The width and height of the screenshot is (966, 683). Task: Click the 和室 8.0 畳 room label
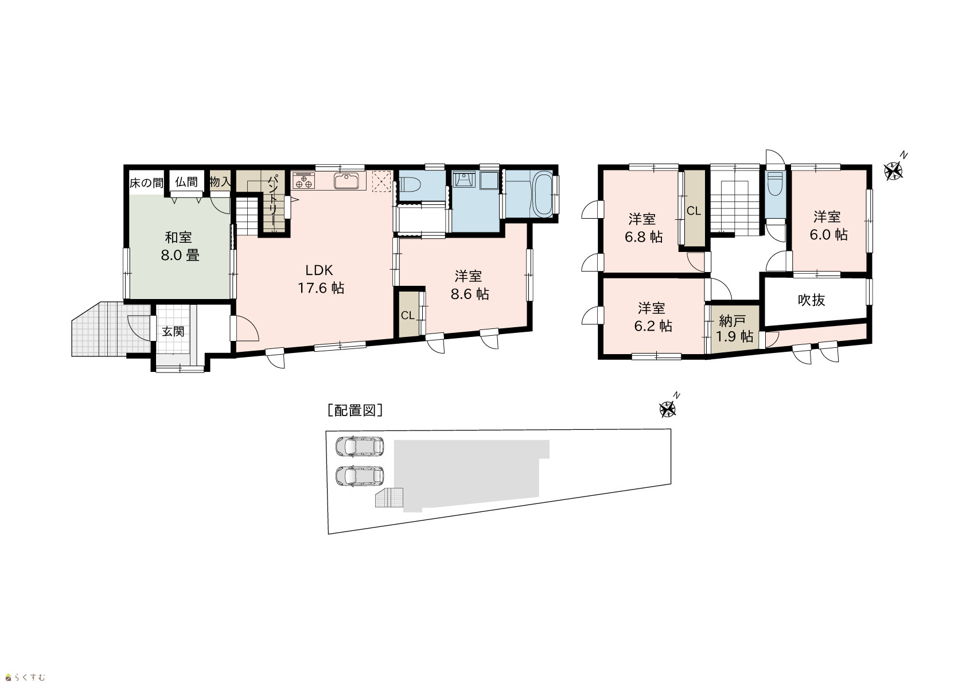click(180, 246)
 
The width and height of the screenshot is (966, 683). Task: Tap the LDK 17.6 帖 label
click(321, 279)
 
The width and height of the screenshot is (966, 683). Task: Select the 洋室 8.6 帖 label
click(470, 285)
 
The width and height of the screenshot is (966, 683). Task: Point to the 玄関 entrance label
click(173, 331)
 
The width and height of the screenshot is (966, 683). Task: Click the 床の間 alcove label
click(147, 183)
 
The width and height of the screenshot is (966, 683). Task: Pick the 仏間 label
click(186, 181)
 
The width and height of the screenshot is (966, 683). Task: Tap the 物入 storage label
click(220, 181)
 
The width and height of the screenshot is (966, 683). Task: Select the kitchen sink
click(346, 181)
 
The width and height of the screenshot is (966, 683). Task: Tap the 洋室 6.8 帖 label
click(644, 228)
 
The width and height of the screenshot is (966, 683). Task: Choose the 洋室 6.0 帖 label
click(828, 225)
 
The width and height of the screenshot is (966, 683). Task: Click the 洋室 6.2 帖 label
click(653, 317)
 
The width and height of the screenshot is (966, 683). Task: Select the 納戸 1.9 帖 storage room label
click(734, 328)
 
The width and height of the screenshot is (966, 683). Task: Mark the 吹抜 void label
click(811, 300)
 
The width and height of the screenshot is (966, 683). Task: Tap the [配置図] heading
click(355, 410)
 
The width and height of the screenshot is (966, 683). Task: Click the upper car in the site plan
click(360, 446)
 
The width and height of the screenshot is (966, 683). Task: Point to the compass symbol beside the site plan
click(668, 409)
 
